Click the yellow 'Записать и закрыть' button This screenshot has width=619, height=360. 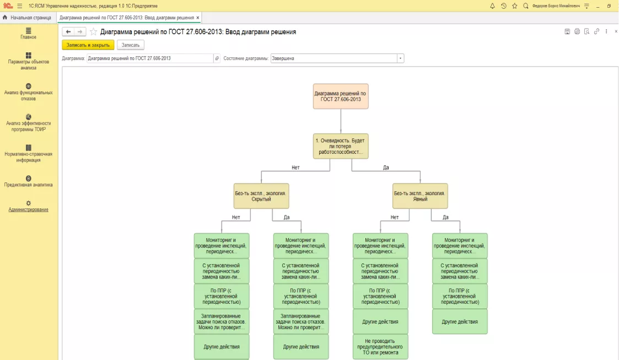88,45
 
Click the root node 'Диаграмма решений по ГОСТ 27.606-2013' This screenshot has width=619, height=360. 341,96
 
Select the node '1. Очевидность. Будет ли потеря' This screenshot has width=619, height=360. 341,146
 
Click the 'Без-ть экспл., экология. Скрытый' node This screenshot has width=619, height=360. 261,196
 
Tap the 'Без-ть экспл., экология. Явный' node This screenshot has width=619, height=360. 420,196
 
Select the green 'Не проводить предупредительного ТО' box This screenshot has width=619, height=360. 380,347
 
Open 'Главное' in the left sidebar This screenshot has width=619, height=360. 29,33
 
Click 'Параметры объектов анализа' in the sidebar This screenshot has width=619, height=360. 29,61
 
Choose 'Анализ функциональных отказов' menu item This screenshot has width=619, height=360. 29,92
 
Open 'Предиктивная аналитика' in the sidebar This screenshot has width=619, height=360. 29,181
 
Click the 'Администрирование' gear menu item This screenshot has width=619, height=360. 29,206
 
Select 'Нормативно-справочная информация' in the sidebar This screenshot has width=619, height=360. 29,154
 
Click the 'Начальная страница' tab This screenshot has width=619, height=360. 27,18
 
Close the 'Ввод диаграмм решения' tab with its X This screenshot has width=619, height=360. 198,18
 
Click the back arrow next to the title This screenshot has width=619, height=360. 68,32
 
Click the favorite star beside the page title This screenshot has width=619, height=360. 93,32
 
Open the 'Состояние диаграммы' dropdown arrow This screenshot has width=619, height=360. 400,58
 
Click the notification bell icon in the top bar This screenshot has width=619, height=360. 492,6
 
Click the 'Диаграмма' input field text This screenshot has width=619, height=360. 130,58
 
